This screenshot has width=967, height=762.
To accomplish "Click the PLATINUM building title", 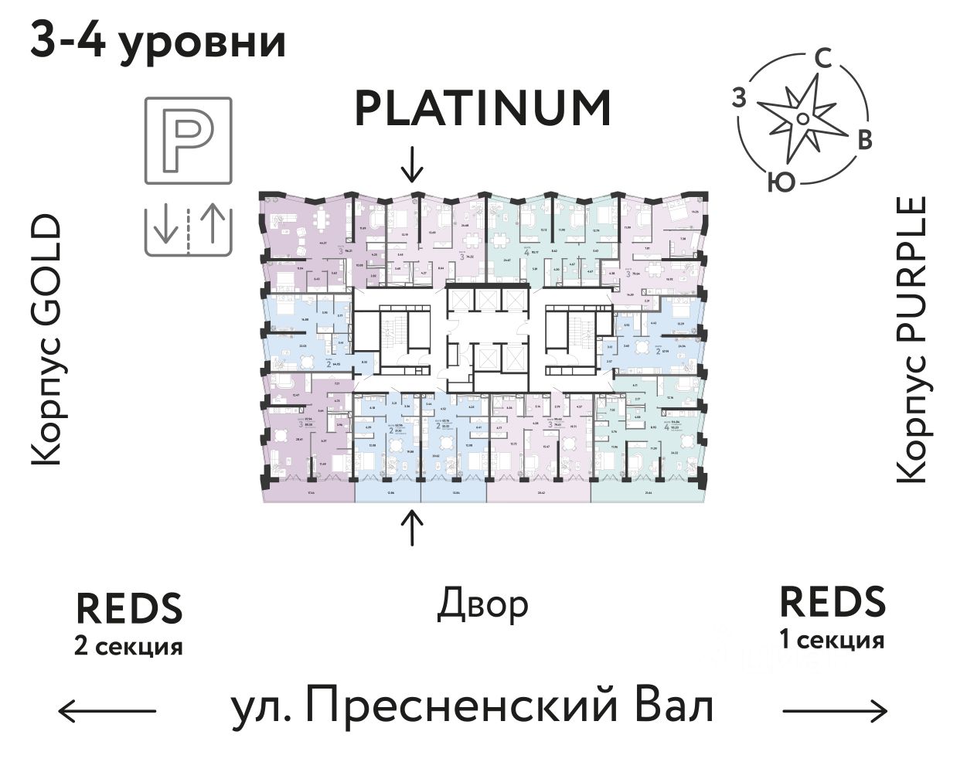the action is (x=482, y=109).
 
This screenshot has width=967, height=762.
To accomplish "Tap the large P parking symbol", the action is (x=189, y=140).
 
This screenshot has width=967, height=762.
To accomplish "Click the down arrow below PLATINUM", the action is (x=415, y=162).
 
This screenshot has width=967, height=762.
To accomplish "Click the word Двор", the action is (x=483, y=604).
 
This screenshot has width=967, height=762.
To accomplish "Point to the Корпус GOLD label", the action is (x=46, y=340).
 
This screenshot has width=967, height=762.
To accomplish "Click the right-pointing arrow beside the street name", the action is (x=836, y=709).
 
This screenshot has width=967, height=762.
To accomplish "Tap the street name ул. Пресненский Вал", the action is (x=472, y=707).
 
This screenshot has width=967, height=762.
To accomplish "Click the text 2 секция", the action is (x=128, y=645).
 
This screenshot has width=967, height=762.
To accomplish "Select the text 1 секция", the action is (x=832, y=641).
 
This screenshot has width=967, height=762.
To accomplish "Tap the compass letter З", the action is (x=740, y=98).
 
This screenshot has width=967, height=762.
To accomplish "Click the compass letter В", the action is (x=865, y=140).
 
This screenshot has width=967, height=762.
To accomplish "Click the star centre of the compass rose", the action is (x=803, y=118).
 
